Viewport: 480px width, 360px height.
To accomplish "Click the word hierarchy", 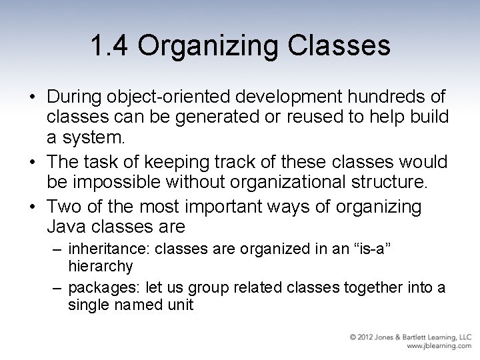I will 101,267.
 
